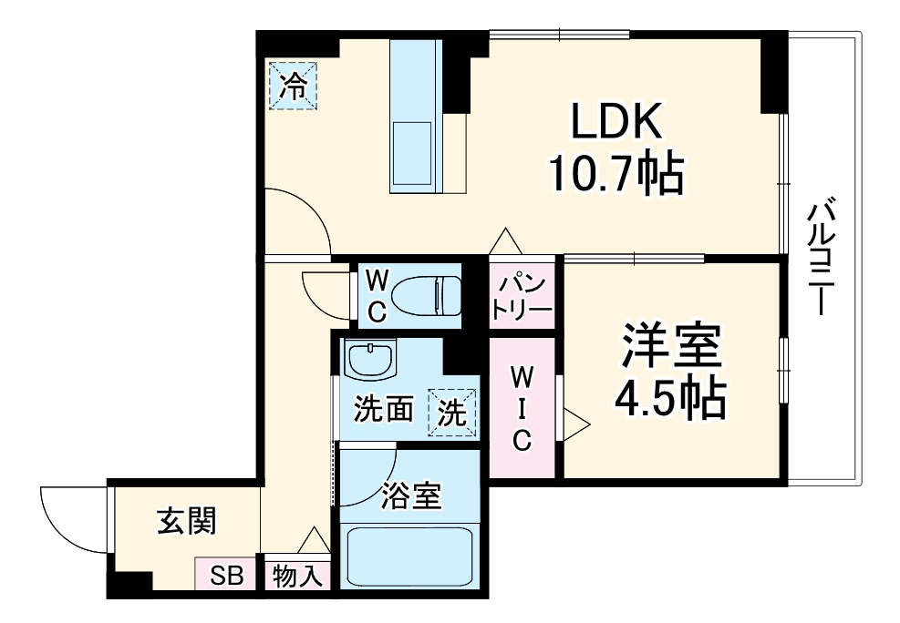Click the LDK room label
point(614,120)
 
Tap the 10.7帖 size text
point(614,173)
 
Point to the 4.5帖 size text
point(670,396)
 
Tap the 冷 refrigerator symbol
point(294,86)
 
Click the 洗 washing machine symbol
point(453,412)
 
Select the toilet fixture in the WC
point(429,296)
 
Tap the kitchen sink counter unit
point(416,117)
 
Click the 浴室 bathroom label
point(410,496)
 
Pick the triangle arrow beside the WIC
point(575,423)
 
